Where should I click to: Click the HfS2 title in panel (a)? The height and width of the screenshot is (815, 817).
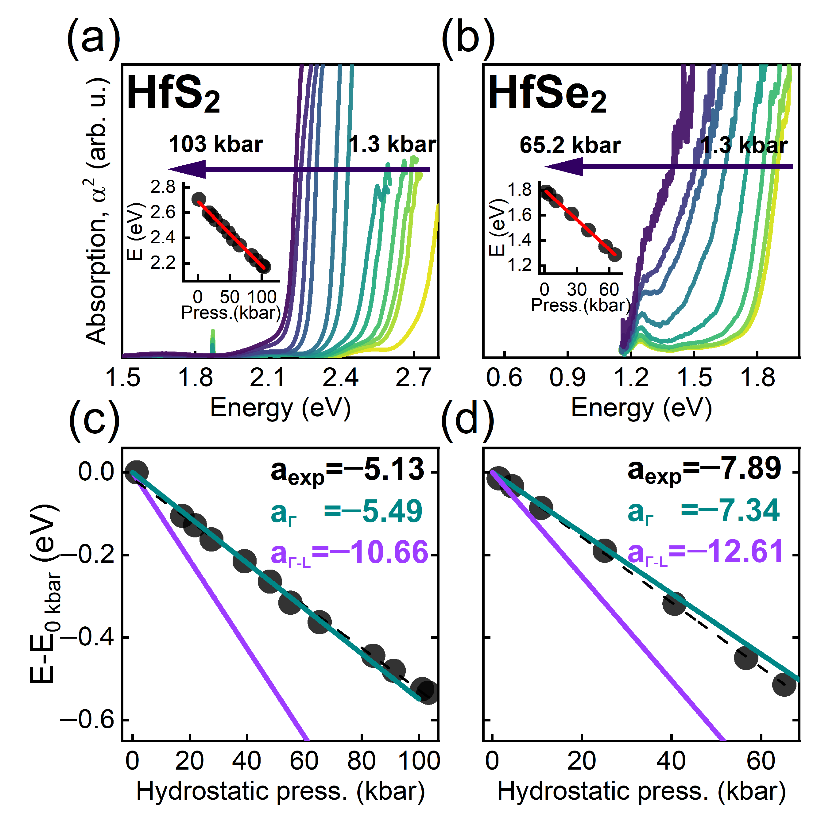coord(173,94)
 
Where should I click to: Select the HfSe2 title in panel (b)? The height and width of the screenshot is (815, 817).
coord(547,94)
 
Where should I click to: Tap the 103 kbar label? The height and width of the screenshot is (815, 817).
coord(216,144)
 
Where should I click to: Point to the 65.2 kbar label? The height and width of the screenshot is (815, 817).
coord(570,145)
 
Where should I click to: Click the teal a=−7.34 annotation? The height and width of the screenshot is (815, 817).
coord(703,511)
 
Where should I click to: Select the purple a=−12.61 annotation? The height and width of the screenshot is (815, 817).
coord(705,552)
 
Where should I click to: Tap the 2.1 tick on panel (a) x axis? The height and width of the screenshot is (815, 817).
coord(267,378)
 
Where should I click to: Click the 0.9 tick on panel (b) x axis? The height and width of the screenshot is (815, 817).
coord(567,378)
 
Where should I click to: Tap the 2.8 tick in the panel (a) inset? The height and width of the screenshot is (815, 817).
coord(163,187)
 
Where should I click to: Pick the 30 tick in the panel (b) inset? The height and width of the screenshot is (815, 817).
coord(577,290)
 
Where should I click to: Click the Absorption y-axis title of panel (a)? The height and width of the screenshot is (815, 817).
coord(96,211)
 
